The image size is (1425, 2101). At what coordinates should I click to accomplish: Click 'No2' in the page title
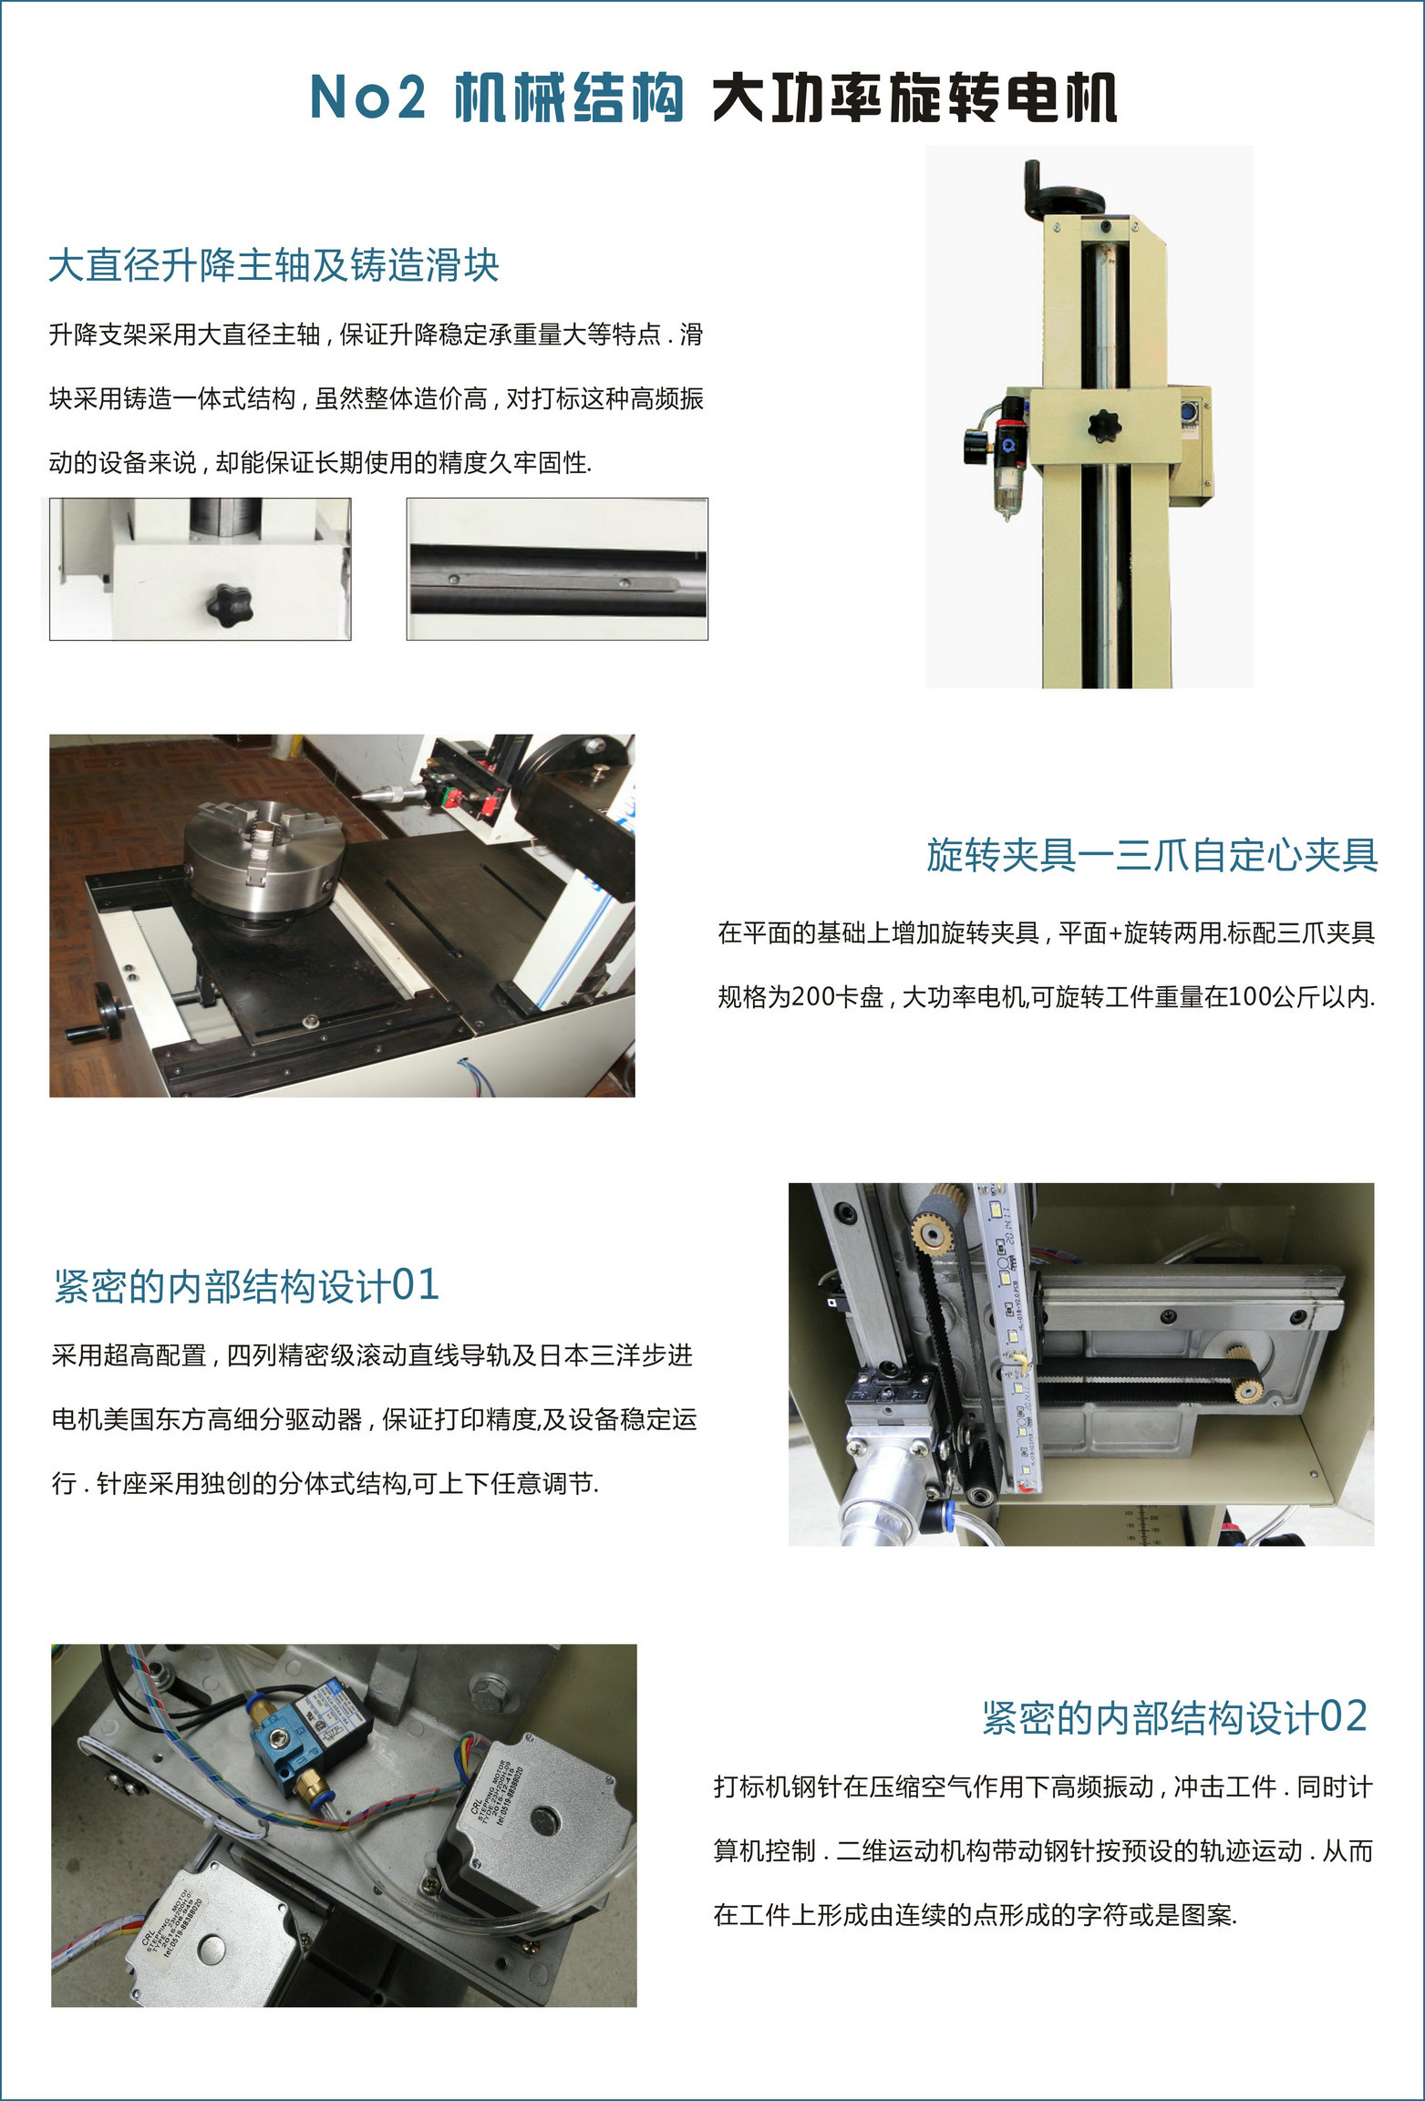pos(368,97)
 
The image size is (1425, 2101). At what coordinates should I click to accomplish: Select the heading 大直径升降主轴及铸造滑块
pos(274,265)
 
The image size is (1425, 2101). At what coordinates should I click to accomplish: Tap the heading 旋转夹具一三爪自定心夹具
pos(1152,854)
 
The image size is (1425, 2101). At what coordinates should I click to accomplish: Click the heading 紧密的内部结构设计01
pos(246,1285)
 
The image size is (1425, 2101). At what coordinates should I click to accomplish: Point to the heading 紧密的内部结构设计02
pos(1174,1716)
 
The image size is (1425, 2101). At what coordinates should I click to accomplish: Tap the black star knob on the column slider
pos(1104,425)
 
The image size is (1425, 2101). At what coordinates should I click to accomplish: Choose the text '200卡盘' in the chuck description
pos(837,996)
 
